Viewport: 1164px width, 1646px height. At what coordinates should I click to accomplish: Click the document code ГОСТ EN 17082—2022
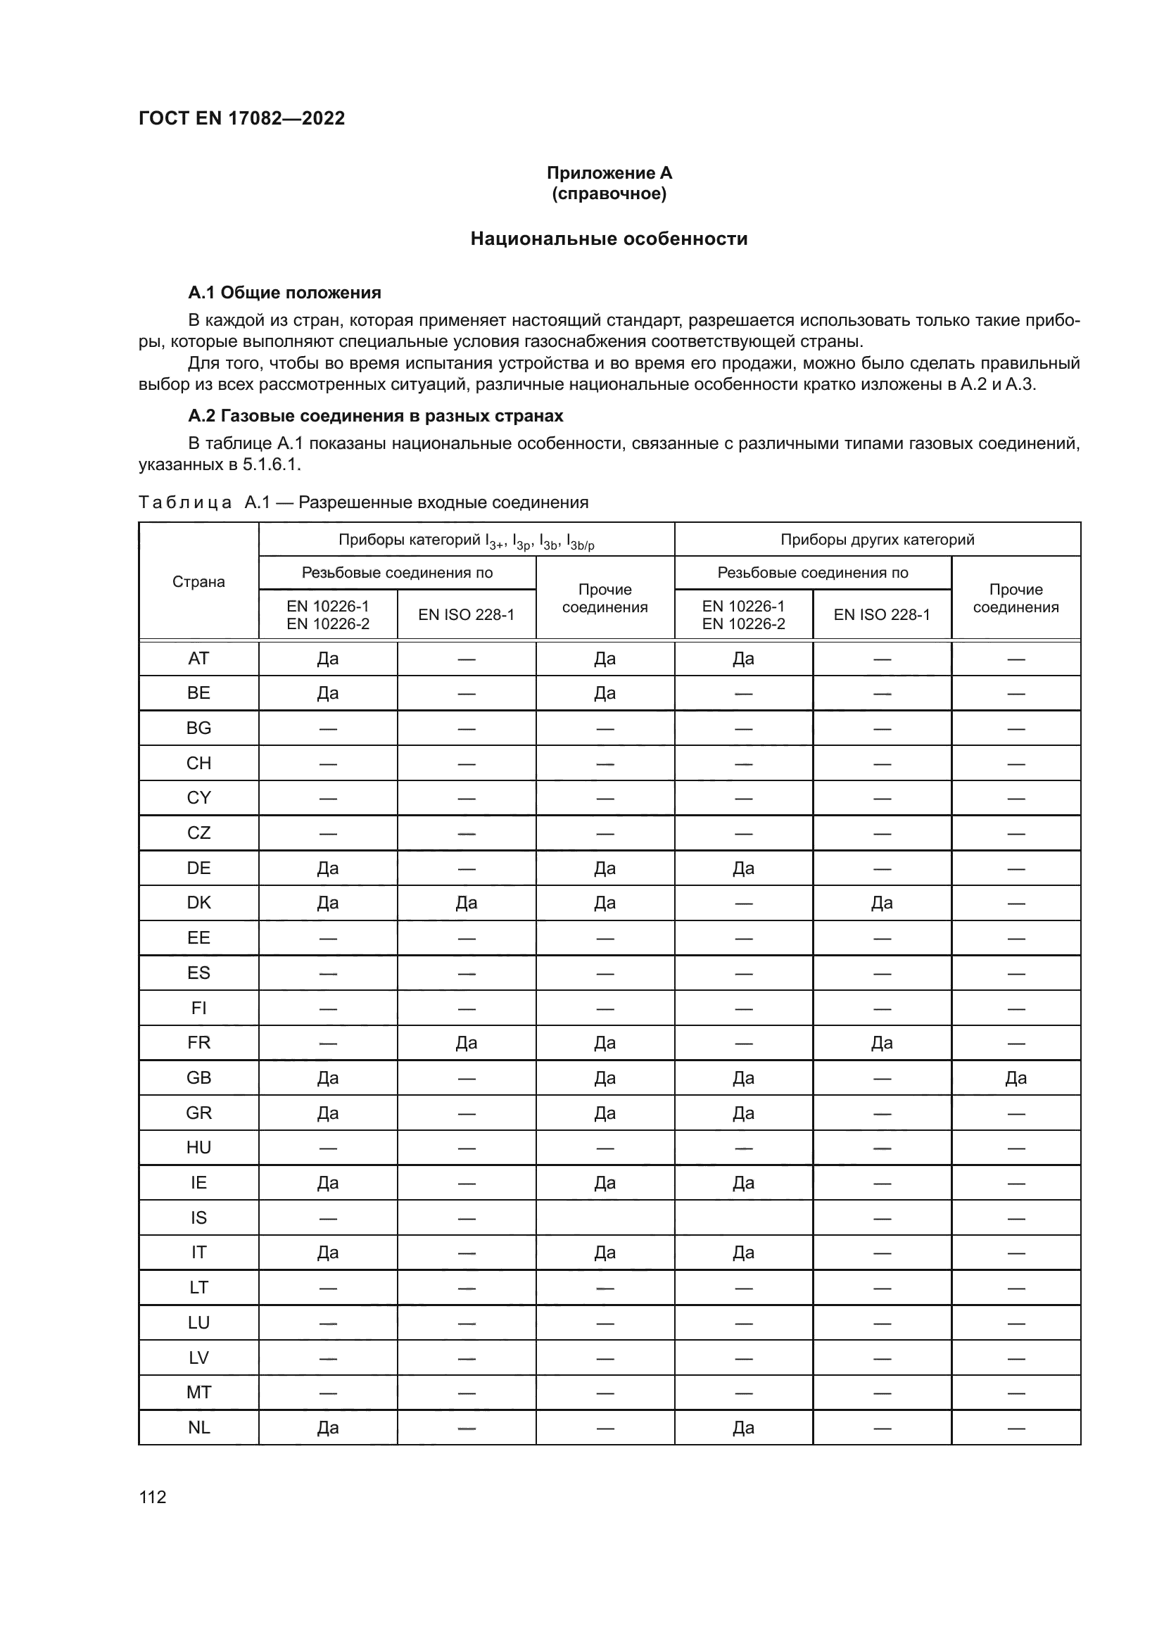[241, 118]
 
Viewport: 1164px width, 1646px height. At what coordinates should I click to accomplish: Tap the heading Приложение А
[609, 173]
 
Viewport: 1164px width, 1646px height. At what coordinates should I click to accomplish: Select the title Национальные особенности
[609, 239]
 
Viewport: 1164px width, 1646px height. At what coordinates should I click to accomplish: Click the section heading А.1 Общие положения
[284, 293]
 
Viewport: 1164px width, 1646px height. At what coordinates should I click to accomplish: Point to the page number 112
[153, 1497]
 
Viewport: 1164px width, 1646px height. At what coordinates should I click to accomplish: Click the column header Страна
[198, 581]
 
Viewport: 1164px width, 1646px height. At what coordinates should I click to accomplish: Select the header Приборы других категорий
[877, 539]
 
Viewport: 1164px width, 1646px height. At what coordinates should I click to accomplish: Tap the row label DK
[198, 903]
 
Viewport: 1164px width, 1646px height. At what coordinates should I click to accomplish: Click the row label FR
[198, 1042]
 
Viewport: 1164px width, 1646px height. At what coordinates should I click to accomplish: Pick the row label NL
[198, 1427]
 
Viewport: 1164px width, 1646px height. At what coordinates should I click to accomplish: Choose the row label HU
[198, 1147]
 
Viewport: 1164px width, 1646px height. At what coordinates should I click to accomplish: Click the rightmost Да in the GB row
[1016, 1077]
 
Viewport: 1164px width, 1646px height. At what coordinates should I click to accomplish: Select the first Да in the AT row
[327, 658]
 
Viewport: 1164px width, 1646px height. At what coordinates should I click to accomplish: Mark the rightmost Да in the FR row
[882, 1042]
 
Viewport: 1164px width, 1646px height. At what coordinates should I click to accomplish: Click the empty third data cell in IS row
[605, 1217]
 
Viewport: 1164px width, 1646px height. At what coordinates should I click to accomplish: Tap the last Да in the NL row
[743, 1427]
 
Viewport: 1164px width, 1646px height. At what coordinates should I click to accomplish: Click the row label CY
[198, 797]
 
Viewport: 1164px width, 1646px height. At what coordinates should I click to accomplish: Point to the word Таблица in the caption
[185, 502]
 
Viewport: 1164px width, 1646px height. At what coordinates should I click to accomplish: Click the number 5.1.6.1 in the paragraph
[272, 464]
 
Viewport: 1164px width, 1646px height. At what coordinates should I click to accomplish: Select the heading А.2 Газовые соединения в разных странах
[376, 416]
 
